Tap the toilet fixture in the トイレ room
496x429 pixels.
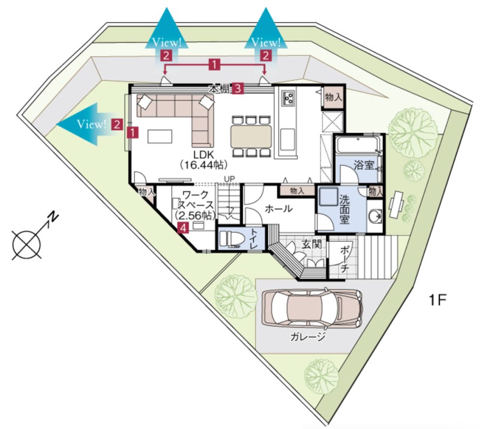point(232,238)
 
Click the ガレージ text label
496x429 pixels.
point(308,337)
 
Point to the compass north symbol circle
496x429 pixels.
point(27,244)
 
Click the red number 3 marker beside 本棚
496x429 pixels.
point(238,89)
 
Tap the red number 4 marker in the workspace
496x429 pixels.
point(184,227)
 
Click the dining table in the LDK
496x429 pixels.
point(251,136)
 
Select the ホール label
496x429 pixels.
point(279,209)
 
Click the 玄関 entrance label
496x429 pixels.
point(311,244)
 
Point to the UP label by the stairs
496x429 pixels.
point(229,179)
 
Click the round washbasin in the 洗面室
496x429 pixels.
point(375,217)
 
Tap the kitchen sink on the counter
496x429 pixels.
point(288,139)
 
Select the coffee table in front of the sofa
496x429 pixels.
point(160,136)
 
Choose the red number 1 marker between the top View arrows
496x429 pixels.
point(214,65)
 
